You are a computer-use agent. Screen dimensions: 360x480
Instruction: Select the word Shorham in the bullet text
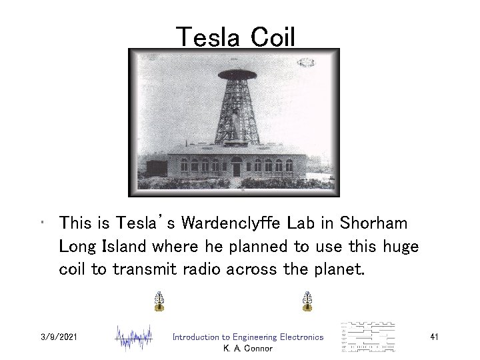(369, 223)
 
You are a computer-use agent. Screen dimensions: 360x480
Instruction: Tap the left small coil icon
(159, 302)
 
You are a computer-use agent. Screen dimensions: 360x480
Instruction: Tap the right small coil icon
(307, 302)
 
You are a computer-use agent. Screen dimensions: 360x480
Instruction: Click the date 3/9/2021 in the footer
(59, 337)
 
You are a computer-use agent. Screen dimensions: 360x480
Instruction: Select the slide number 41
(434, 337)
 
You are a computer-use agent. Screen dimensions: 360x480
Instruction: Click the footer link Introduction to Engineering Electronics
(247, 337)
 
